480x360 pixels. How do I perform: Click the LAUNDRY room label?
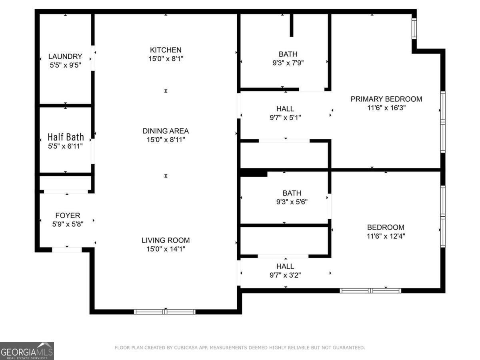click(x=65, y=56)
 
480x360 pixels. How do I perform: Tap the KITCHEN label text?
click(x=166, y=50)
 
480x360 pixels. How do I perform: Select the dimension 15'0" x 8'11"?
click(x=166, y=140)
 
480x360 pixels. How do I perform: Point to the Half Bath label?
click(x=66, y=137)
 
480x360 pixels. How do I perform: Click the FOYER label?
click(x=68, y=216)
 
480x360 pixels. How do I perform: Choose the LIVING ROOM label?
click(x=166, y=240)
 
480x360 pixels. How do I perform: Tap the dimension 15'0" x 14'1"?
click(x=166, y=249)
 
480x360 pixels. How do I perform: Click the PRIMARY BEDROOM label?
click(x=386, y=99)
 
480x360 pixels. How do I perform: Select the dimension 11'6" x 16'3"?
click(x=386, y=108)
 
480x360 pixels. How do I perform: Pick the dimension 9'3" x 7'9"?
click(x=288, y=62)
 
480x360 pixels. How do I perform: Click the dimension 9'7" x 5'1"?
click(x=285, y=117)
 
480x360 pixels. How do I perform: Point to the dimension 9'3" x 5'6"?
click(x=292, y=202)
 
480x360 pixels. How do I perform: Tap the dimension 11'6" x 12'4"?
click(x=386, y=236)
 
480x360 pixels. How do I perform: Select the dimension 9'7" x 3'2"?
click(x=285, y=275)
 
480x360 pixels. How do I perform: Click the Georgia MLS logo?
click(x=27, y=351)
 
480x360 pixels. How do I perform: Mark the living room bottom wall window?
click(x=165, y=312)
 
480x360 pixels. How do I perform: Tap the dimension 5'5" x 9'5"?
click(x=65, y=65)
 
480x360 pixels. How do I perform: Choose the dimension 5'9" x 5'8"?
click(x=68, y=224)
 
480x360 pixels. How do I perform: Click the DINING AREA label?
click(x=166, y=131)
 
